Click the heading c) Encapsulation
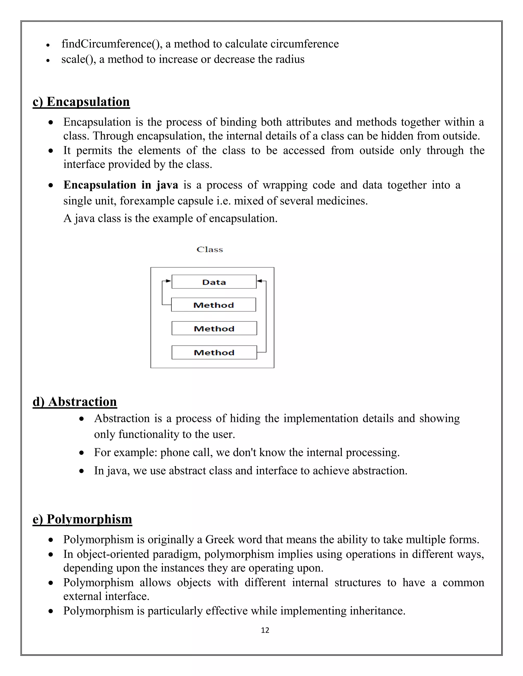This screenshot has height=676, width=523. [81, 102]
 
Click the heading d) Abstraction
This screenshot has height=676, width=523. [75, 402]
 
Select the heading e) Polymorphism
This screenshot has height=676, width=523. [82, 519]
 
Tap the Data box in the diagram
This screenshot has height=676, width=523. [214, 282]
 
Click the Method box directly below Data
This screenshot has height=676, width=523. [213, 305]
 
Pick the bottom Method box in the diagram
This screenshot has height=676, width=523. [214, 352]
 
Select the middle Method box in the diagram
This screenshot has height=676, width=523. [214, 328]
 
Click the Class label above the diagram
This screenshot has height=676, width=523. [210, 249]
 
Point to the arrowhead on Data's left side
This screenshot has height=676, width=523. [168, 281]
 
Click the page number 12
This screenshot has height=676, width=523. [265, 630]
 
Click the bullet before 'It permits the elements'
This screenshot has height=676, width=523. [51, 151]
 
